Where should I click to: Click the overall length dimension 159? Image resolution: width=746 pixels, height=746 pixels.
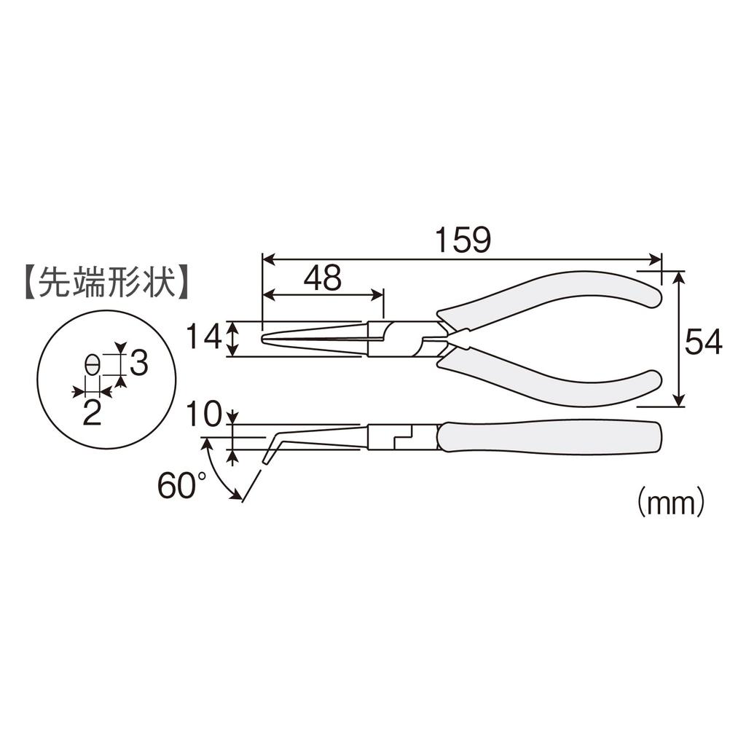point(463,240)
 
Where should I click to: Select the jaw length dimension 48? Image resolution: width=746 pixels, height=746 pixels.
point(323,278)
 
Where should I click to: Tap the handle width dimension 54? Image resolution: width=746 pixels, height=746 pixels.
point(703,341)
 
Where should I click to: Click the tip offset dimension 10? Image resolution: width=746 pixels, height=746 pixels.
point(203,415)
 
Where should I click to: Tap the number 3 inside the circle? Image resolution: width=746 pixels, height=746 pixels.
point(138,363)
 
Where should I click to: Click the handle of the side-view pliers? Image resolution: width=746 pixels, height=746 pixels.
point(550,436)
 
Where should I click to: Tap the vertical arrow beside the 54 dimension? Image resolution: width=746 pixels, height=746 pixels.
point(679,339)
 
